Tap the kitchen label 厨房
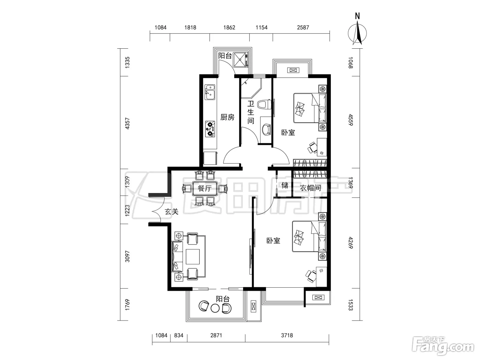227,117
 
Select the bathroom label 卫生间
251,112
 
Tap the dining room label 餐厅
204,188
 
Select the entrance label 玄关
172,211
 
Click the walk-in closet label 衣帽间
310,188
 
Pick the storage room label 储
285,185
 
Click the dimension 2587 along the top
303,27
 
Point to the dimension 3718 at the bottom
287,335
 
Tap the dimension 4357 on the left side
127,123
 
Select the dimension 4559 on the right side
350,120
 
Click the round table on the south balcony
215,308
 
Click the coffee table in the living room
193,256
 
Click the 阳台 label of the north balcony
225,56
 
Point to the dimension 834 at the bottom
179,335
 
